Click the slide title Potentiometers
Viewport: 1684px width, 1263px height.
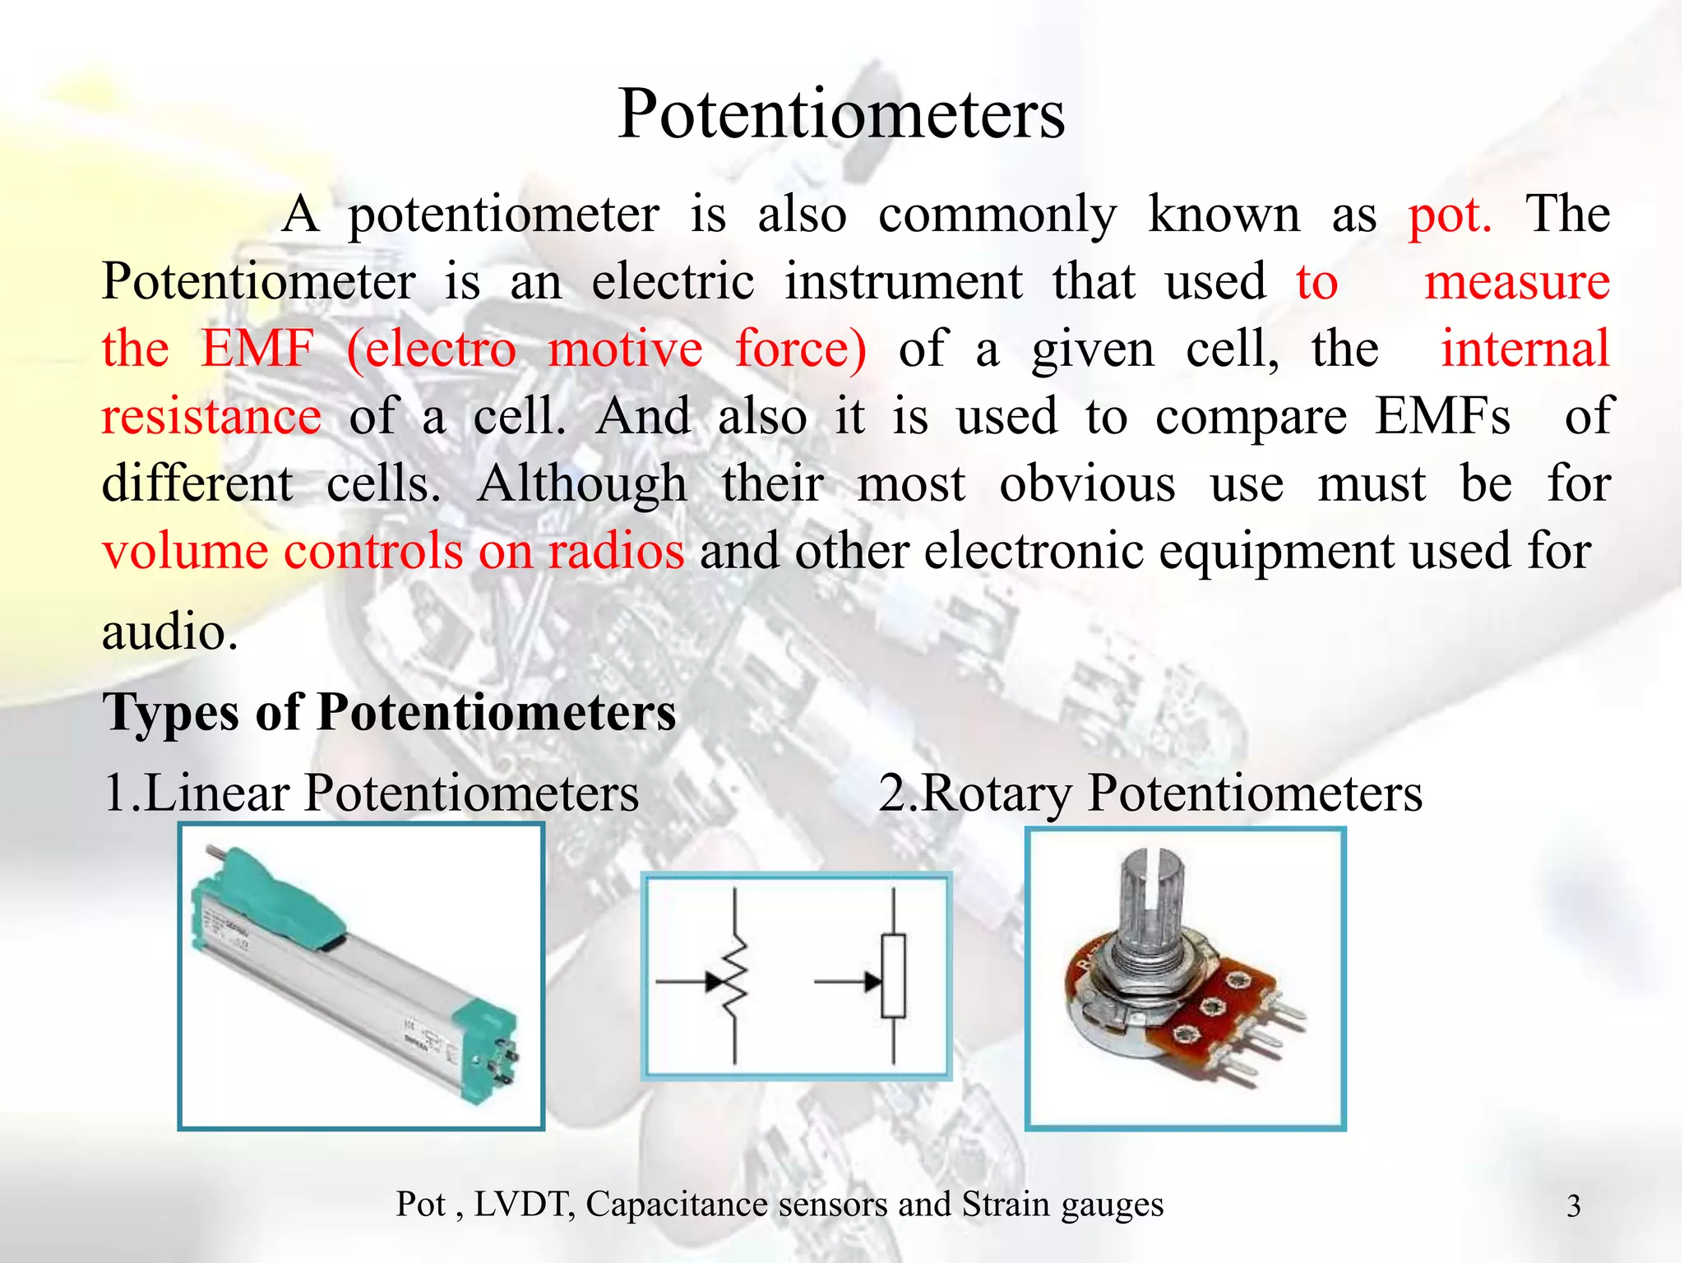point(840,114)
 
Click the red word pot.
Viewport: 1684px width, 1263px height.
point(1450,216)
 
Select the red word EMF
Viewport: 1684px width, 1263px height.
point(257,349)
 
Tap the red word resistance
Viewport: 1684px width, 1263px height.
point(211,416)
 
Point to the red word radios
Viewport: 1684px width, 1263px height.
point(616,551)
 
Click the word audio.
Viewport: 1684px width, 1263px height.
point(169,632)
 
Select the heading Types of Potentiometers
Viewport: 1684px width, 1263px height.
point(389,712)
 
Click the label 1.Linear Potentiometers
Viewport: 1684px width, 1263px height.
point(371,793)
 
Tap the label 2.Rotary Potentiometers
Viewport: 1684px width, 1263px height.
point(1150,793)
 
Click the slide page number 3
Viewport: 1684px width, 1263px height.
point(1574,1206)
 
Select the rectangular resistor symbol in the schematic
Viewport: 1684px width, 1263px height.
point(894,977)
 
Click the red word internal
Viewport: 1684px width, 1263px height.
point(1524,349)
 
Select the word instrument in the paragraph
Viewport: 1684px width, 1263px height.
point(903,282)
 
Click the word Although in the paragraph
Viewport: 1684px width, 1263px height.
point(581,484)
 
